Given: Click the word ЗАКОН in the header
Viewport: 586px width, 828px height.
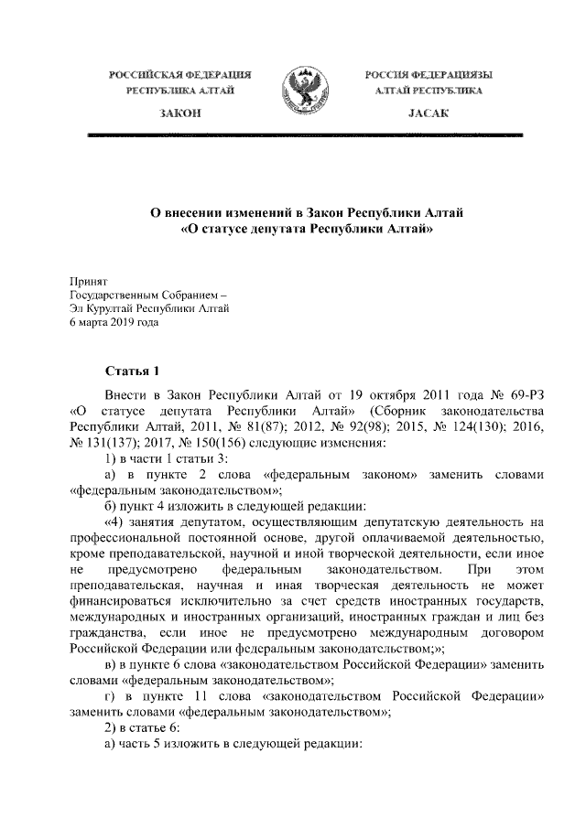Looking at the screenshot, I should click(179, 111).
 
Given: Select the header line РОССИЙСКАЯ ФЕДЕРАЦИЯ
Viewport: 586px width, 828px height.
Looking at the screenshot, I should click(179, 72).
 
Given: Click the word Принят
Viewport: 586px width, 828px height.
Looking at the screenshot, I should click(90, 283).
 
